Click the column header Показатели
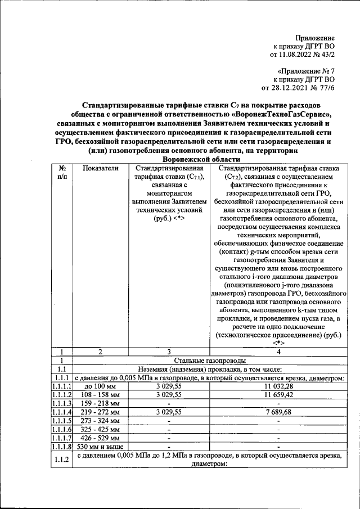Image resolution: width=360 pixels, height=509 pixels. pos(101,168)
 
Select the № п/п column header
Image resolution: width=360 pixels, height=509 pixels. pos(63,172)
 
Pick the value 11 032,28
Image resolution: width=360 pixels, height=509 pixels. pos(278,387)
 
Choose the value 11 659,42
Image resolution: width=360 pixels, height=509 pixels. pos(278,395)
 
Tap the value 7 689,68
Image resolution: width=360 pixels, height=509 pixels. pos(278,412)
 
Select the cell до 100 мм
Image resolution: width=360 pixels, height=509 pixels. pos(101,387)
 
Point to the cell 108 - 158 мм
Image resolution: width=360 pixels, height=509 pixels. pos(101,395)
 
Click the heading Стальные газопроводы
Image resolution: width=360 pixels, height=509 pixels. pos(211,361)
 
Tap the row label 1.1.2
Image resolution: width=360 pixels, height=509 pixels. pos(63,460)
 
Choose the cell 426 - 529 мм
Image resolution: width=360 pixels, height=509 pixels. pos(101,438)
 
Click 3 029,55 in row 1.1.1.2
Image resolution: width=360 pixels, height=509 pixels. pos(168,395)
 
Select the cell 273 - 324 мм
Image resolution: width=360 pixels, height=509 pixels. pos(101,421)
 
